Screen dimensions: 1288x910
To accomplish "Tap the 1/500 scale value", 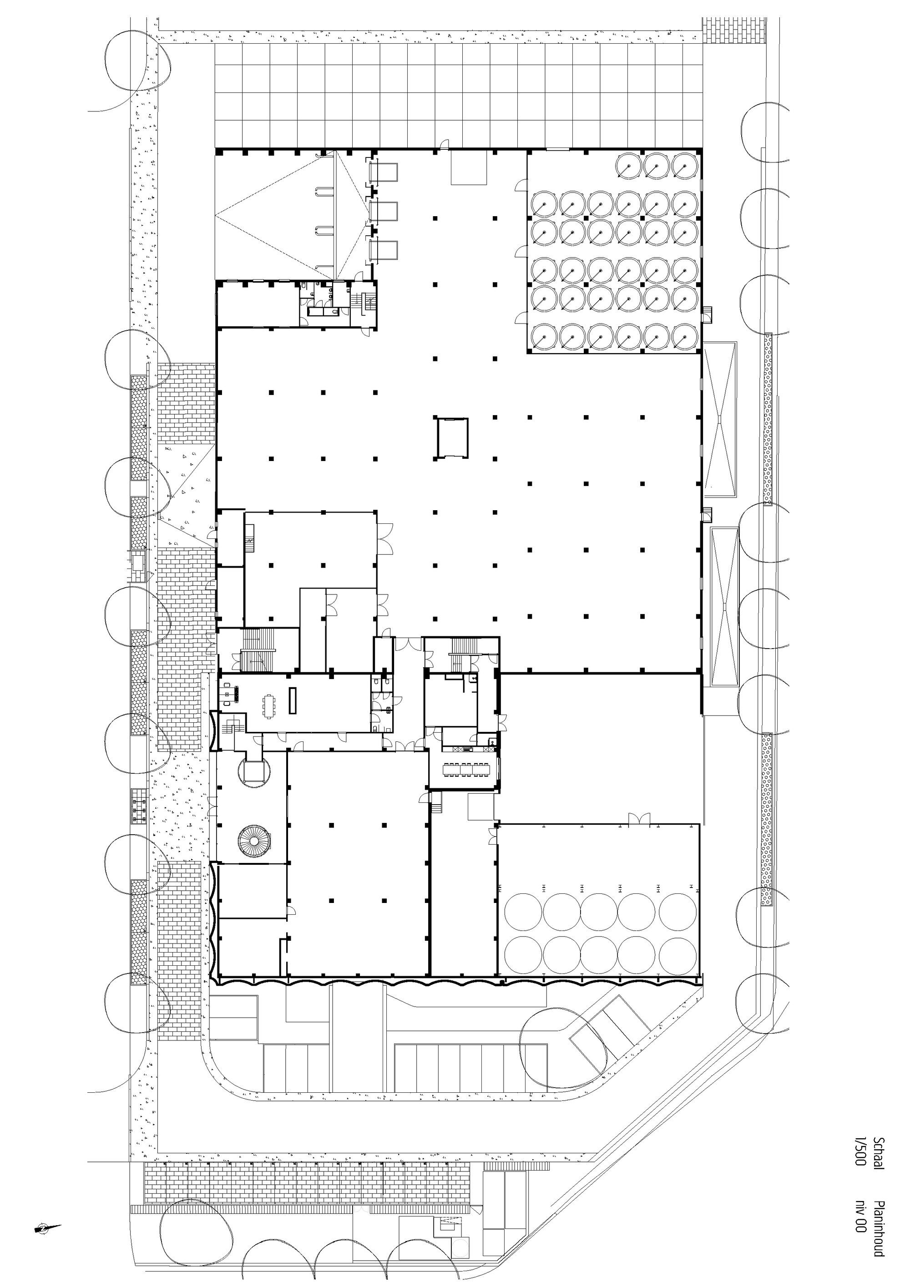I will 859,1151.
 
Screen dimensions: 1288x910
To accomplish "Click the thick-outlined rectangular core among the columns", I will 452,437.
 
